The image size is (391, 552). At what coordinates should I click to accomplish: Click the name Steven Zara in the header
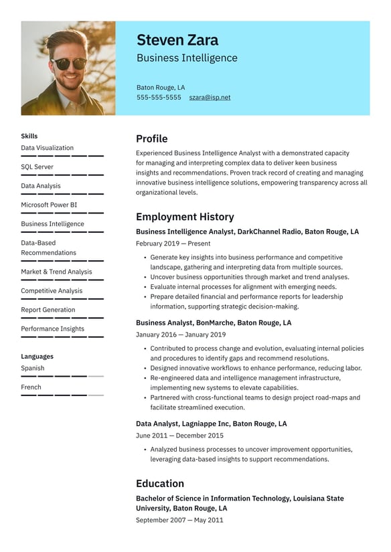pos(177,40)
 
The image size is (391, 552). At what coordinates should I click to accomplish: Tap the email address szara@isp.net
pos(209,97)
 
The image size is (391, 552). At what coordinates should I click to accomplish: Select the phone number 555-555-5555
pos(159,97)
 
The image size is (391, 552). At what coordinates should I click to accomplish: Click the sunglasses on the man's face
pos(70,64)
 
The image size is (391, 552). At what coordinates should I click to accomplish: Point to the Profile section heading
pos(151,139)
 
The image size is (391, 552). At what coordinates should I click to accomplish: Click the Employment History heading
pos(185,217)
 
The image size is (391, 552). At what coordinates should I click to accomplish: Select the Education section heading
pos(159,483)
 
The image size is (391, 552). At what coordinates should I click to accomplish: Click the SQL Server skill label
pos(37,167)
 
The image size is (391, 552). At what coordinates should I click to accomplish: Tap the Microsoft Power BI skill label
pos(49,205)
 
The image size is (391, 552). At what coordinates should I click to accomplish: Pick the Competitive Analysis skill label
pos(52,290)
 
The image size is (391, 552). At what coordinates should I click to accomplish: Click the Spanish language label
pos(32,368)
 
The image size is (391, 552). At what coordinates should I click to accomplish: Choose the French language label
pos(31,387)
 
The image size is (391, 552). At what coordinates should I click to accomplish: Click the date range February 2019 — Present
pos(173,244)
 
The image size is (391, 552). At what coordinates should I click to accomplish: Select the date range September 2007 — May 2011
pos(179,520)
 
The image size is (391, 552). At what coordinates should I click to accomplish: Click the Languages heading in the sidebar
pos(37,357)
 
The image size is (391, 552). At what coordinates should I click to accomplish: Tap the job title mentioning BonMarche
pos(213,323)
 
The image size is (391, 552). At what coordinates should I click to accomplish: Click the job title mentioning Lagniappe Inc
pos(211,424)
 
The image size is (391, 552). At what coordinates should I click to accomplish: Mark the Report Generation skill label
pos(48,310)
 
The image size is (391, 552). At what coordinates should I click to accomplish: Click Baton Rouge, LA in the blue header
pos(161,87)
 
